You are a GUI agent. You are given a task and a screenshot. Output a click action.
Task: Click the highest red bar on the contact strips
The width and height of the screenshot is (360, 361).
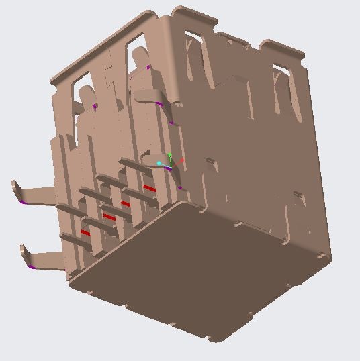point(149,189)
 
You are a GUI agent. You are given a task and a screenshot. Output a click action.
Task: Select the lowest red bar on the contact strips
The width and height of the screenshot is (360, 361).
point(85,232)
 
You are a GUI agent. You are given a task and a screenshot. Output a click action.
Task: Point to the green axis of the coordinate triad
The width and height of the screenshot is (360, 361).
point(170,158)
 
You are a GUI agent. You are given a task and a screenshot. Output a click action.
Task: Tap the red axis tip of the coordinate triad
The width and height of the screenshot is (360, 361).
point(182,161)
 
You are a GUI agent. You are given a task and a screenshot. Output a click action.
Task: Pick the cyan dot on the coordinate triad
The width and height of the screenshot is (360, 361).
point(159,163)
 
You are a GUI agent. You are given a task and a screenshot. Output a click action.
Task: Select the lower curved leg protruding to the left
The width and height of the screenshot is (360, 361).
point(44,256)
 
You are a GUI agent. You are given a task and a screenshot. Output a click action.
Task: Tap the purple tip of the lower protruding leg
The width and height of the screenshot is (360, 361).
point(32,266)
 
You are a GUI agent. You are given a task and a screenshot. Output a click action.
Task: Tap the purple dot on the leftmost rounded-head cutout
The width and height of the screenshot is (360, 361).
point(95,106)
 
